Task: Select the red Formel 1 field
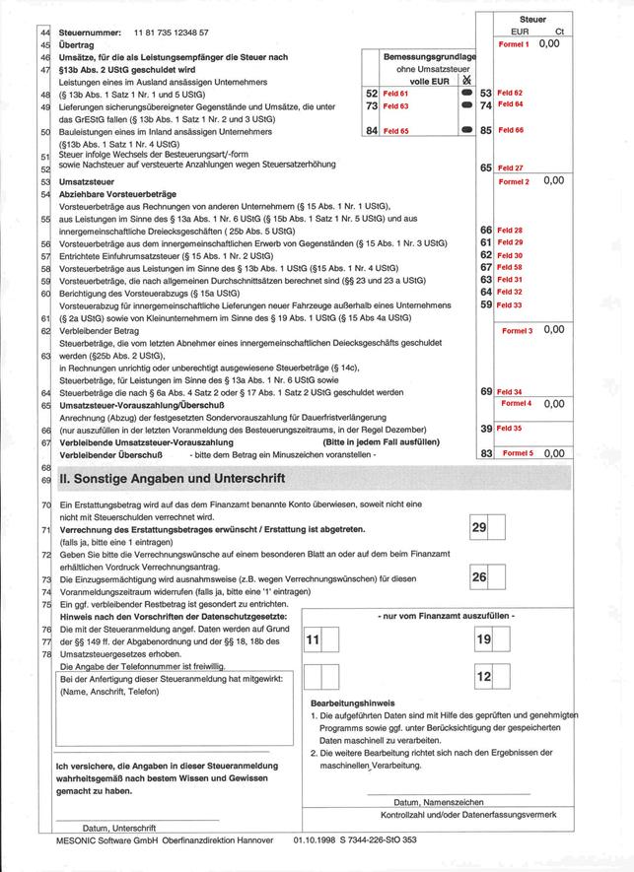(x=513, y=44)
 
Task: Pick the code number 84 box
(x=372, y=130)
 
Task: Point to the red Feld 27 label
(x=511, y=168)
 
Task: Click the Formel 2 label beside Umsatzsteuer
(x=514, y=181)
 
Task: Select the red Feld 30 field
(x=510, y=255)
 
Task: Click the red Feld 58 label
(x=510, y=267)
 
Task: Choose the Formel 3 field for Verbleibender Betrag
(x=516, y=329)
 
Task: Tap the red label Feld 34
(x=510, y=391)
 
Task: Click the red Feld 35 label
(x=510, y=429)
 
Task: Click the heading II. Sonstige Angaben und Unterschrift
(x=172, y=479)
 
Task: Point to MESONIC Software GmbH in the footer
(x=109, y=840)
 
